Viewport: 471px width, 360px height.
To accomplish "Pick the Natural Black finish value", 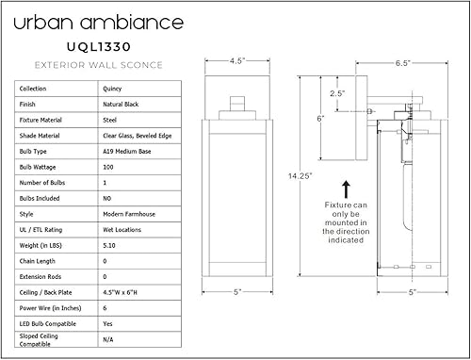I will (x=124, y=105).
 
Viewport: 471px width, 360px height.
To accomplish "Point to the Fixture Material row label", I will (x=43, y=121).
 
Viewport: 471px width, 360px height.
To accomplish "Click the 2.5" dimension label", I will (x=337, y=93).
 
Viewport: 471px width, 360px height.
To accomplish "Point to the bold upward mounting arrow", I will (x=347, y=188).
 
